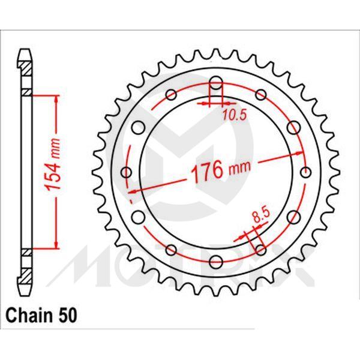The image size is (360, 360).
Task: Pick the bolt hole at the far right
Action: pyautogui.click(x=307, y=173)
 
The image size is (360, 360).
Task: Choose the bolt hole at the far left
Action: pyautogui.click(x=126, y=173)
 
